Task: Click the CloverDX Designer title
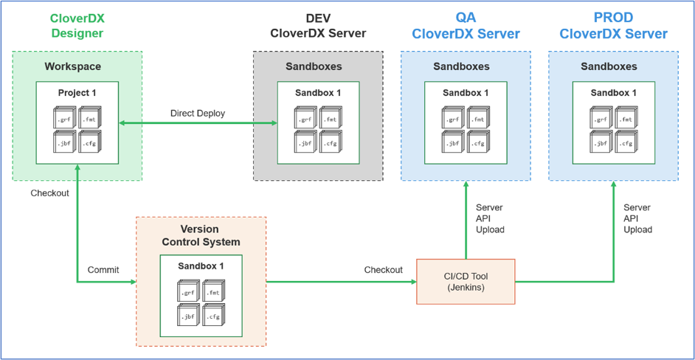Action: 77,26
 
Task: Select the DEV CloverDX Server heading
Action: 318,26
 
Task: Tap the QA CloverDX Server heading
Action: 466,26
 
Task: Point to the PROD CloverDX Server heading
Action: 613,26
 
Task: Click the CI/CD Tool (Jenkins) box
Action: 466,282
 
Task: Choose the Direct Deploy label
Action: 198,113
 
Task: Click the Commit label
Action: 104,269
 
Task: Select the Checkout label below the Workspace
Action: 50,193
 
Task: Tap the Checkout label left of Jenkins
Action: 384,269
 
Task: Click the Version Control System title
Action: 201,235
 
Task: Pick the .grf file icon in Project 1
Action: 65,118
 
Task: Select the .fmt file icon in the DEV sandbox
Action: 330,118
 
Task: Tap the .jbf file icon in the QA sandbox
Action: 453,142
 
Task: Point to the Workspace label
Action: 72,66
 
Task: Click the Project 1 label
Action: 77,93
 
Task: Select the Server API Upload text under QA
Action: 490,218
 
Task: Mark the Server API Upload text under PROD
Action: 637,218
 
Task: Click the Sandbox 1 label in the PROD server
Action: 613,93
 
